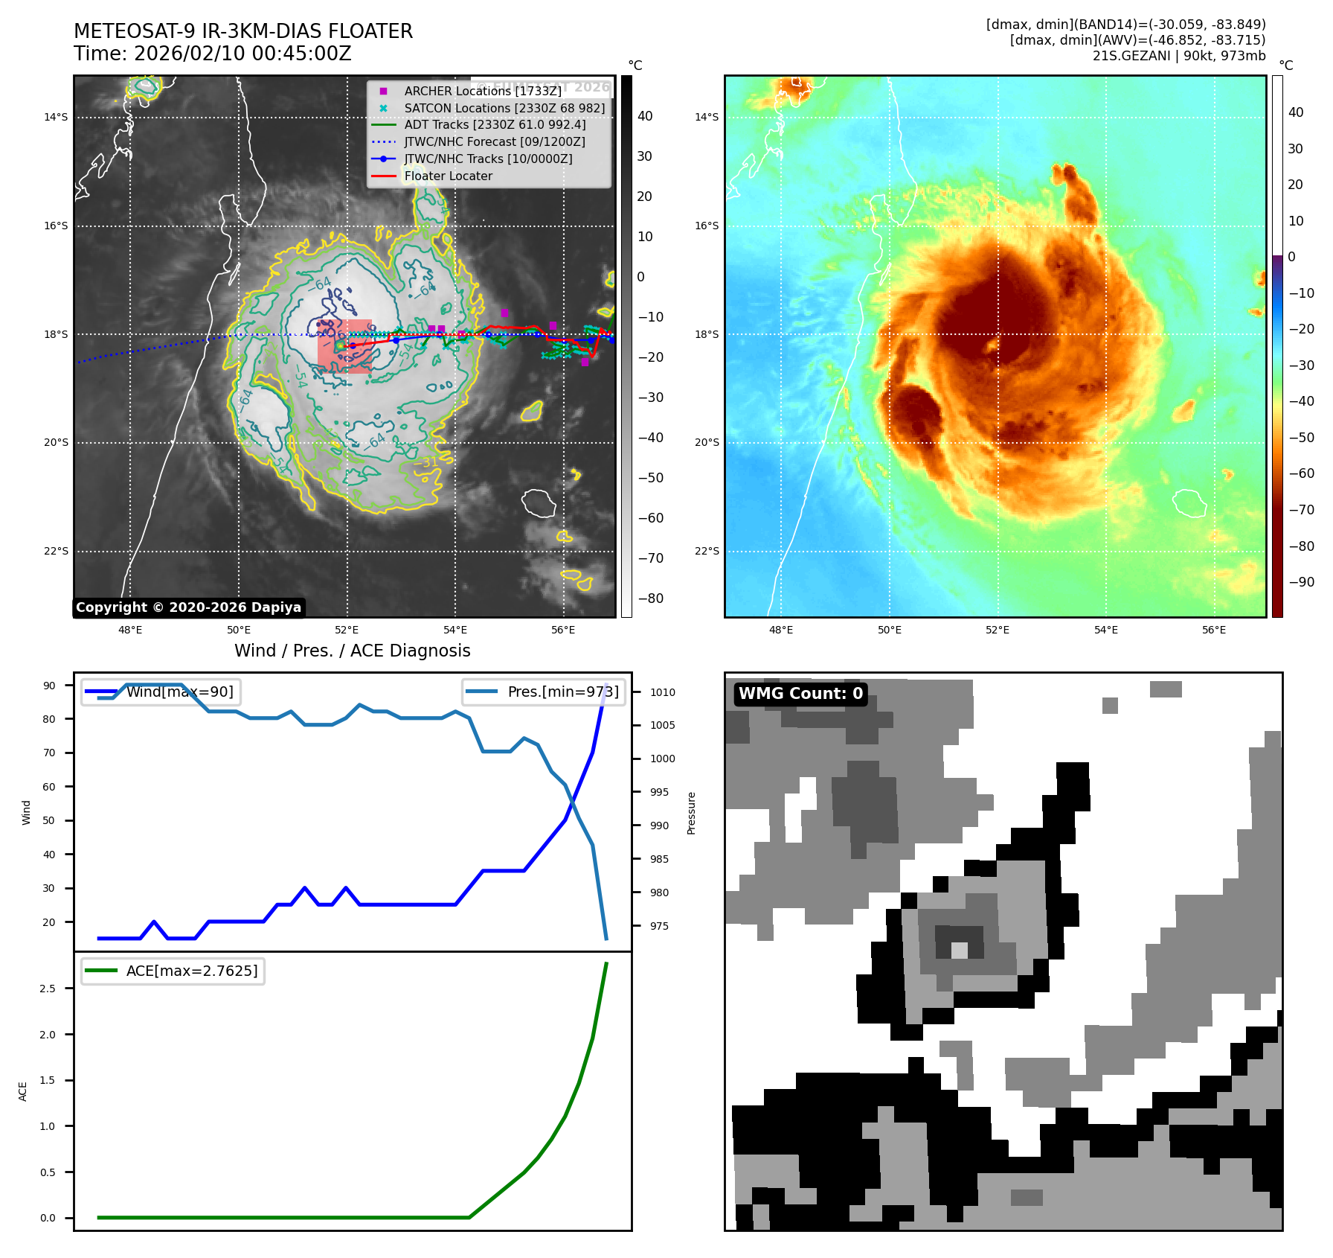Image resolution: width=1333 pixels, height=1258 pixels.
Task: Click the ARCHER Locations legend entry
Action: point(482,91)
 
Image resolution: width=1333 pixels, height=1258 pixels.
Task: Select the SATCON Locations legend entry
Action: point(504,108)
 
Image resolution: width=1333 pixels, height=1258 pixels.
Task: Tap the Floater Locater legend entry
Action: point(448,176)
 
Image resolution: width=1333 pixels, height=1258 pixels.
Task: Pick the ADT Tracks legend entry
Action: point(495,124)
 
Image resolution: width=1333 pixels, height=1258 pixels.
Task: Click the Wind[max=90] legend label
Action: point(179,692)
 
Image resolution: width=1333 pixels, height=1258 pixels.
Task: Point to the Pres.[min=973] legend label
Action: point(562,692)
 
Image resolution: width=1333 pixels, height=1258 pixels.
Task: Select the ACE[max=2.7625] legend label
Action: point(191,971)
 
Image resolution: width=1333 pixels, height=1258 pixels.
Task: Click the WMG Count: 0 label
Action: point(800,694)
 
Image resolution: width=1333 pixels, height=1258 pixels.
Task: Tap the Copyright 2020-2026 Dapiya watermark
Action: point(188,607)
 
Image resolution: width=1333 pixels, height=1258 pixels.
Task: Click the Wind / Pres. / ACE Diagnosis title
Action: point(352,651)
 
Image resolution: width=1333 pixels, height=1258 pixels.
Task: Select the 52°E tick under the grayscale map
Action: point(347,630)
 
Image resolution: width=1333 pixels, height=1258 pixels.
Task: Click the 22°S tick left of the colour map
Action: point(707,551)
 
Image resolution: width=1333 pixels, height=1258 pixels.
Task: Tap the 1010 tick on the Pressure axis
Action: point(662,692)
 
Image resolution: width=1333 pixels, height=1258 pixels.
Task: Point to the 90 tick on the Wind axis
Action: point(49,686)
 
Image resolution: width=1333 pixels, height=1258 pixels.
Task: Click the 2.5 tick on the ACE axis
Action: point(47,989)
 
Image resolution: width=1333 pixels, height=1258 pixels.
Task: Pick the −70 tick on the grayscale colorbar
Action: point(650,558)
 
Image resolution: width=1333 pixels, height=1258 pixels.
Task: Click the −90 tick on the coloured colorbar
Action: point(1301,582)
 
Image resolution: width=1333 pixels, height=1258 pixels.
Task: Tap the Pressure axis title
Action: point(691,813)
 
